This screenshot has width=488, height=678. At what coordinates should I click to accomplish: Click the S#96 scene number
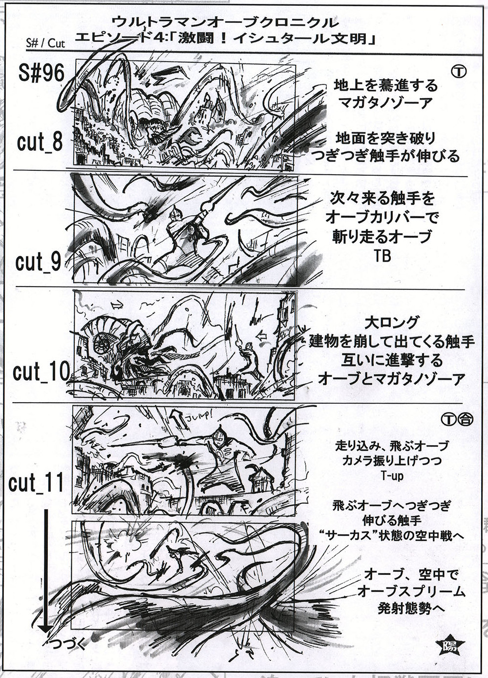click(x=41, y=73)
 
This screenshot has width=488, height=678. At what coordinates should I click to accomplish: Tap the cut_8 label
click(x=40, y=142)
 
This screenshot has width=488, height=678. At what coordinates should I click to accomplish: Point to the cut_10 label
click(x=42, y=372)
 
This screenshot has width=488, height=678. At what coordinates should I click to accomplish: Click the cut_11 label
click(x=36, y=483)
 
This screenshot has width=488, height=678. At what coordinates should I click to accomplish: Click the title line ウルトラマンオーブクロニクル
click(x=225, y=22)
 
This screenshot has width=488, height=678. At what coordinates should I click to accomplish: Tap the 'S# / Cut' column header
click(x=45, y=43)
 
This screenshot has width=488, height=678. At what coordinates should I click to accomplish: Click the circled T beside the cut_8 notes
click(x=458, y=72)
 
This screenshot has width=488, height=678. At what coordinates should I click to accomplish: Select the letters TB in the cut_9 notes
click(x=382, y=256)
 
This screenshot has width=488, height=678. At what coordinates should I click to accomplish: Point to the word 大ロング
click(x=391, y=323)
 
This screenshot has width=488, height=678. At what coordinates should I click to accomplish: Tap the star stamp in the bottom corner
click(x=450, y=647)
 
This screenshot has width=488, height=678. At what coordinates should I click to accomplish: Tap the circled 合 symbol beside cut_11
click(x=466, y=419)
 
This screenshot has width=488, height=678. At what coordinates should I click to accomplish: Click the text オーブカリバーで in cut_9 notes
click(x=382, y=217)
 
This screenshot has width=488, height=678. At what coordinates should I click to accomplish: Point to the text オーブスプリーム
click(x=411, y=592)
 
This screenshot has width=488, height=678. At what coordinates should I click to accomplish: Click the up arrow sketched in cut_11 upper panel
click(x=177, y=418)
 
